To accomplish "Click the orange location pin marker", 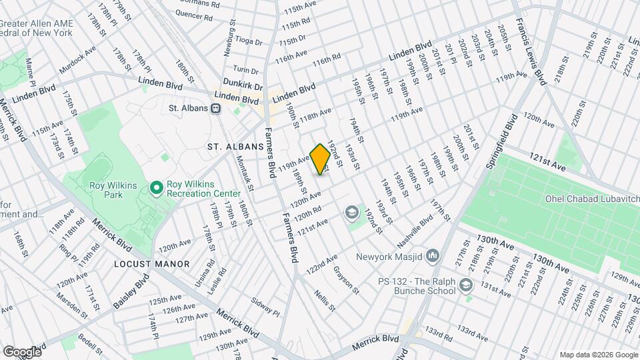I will pos(320,159).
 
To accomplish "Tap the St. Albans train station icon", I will pos(217,108).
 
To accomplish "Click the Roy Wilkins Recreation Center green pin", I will pos(157,189).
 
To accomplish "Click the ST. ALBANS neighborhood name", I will pos(228,146).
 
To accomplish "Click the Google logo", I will pos(21,351).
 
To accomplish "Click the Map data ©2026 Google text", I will pos(598,354).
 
